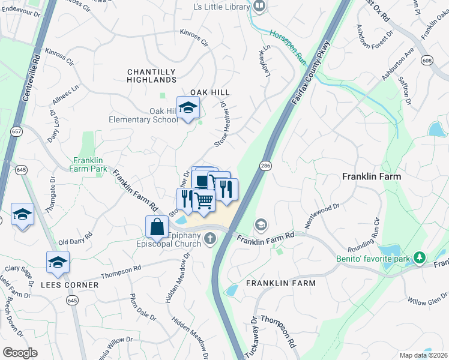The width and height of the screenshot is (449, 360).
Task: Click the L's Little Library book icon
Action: (259, 7)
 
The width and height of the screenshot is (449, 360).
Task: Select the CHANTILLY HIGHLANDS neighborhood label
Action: (152, 76)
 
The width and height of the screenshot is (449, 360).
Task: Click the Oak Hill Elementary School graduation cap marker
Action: (188, 108)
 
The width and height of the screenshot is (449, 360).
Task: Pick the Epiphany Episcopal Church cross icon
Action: (210, 239)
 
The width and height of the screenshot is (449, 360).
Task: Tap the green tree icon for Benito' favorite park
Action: (421, 257)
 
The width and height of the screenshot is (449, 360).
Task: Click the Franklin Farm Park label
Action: (90, 164)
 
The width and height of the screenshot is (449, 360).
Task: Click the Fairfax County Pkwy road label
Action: (311, 73)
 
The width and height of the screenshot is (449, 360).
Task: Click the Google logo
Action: (20, 352)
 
